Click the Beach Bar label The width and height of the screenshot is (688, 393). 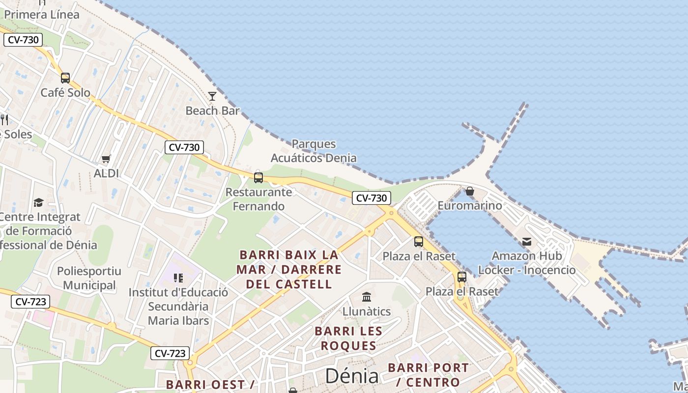click(212, 111)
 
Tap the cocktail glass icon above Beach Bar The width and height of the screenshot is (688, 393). click(212, 96)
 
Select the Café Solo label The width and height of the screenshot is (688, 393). click(65, 92)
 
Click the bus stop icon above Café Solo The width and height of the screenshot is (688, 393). click(65, 78)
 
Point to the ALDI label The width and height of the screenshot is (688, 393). click(106, 173)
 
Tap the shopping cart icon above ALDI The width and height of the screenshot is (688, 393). click(106, 159)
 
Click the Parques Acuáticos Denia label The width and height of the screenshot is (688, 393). click(314, 151)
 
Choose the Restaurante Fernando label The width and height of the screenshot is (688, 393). click(258, 199)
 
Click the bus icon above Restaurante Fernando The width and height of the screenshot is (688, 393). click(258, 178)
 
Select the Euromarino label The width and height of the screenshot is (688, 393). click(470, 205)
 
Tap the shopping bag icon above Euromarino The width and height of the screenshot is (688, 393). click(470, 191)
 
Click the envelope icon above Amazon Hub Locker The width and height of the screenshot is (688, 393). click(527, 241)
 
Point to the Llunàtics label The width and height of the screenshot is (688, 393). click(367, 311)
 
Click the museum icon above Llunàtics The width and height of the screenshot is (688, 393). click(367, 297)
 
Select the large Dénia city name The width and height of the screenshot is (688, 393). click(352, 376)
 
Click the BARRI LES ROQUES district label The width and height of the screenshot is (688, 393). click(349, 338)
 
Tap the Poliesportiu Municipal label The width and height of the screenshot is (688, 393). click(89, 278)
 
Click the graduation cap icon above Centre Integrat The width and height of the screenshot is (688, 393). click(38, 202)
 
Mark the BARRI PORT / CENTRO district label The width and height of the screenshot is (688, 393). click(428, 375)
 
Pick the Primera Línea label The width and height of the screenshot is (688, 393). click(42, 14)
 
